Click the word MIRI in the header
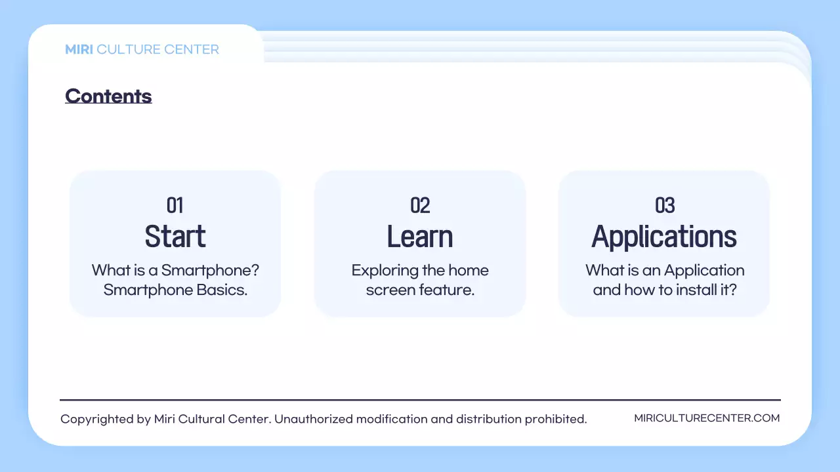79,49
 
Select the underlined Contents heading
108,96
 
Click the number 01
175,205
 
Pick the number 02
420,205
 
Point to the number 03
665,205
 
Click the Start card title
175,237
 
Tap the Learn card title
420,237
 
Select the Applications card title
664,237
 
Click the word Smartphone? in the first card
211,271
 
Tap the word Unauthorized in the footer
314,419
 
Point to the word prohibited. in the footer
556,419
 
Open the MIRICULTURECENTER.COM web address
707,418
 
